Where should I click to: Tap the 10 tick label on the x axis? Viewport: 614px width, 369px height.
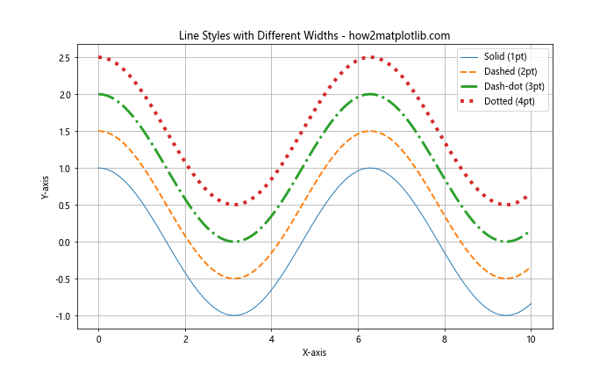[530, 336]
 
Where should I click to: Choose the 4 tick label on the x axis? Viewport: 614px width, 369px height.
[271, 336]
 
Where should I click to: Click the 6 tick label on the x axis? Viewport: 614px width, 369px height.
[357, 336]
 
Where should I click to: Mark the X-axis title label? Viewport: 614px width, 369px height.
[313, 352]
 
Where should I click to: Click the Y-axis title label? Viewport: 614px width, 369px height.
[46, 186]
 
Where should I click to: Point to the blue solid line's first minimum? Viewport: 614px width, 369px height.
[234, 315]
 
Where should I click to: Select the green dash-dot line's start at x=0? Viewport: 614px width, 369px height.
[99, 94]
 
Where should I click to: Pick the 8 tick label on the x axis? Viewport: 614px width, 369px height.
[444, 336]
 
